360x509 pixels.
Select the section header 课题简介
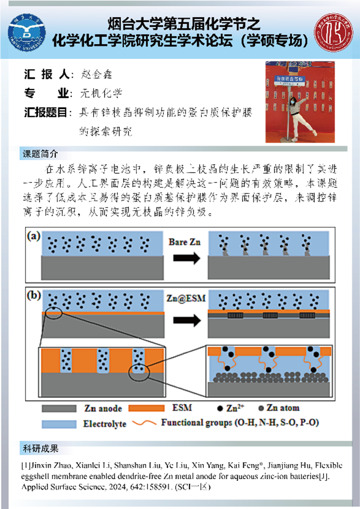click(x=40, y=154)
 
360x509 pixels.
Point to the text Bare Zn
click(x=185, y=242)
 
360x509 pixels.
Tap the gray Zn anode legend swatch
click(x=60, y=408)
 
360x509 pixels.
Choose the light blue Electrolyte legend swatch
click(x=60, y=423)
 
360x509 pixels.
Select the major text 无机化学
click(x=100, y=94)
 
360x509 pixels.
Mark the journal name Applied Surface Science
click(x=57, y=489)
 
